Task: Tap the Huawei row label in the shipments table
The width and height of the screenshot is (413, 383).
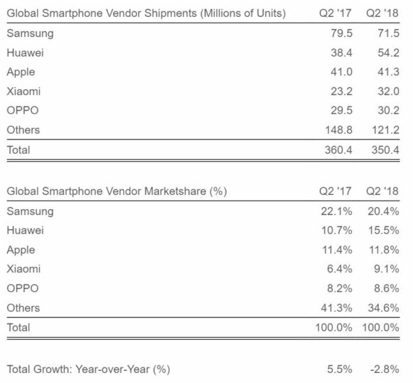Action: [x=23, y=52]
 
